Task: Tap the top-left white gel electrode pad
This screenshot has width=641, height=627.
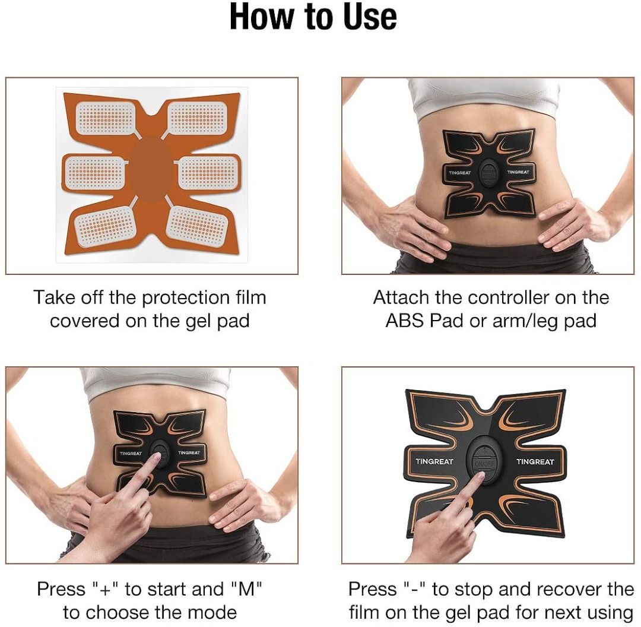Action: [106, 118]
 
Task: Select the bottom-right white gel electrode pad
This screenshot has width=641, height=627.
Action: [198, 226]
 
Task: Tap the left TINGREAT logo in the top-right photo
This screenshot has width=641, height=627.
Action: [460, 173]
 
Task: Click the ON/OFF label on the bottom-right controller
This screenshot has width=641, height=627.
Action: [484, 463]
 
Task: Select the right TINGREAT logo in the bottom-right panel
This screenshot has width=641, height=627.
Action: [535, 462]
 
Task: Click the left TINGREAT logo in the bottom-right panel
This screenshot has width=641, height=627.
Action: [434, 461]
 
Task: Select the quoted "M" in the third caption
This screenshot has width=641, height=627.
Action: [246, 589]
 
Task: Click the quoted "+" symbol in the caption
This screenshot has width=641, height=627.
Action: [106, 589]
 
